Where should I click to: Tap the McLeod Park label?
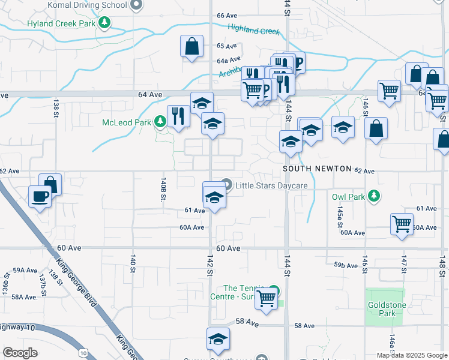127,122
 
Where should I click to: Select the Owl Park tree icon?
374,196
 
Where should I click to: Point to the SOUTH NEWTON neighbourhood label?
317,169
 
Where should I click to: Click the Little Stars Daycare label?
271,185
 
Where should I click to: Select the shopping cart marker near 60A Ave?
401,224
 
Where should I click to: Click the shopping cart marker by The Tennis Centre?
265,298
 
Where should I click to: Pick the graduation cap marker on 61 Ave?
214,197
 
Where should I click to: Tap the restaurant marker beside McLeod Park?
178,115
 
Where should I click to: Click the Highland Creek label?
253,29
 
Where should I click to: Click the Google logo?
20,353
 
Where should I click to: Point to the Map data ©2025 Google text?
412,355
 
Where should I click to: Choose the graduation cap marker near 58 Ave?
218,338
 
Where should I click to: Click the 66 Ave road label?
228,15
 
